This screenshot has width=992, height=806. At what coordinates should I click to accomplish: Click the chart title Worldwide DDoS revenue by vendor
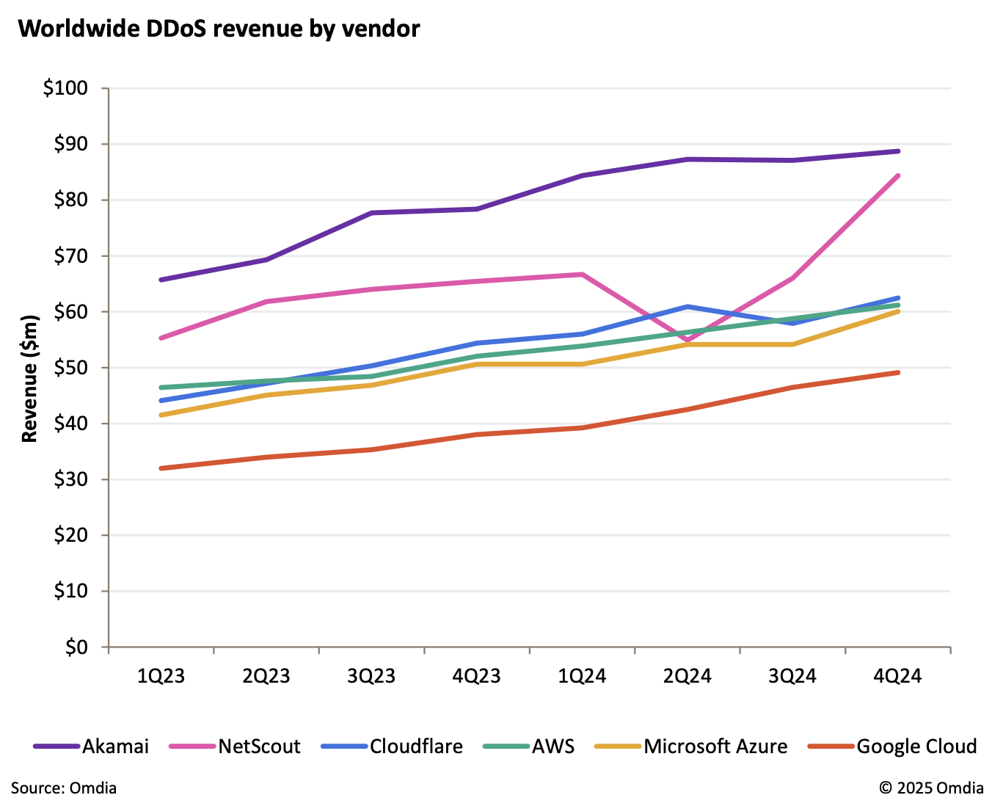(x=219, y=29)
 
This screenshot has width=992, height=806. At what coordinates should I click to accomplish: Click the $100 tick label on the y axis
(x=65, y=88)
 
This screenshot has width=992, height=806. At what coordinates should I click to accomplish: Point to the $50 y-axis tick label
(x=70, y=368)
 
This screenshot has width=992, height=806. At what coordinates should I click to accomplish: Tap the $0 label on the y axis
(x=76, y=647)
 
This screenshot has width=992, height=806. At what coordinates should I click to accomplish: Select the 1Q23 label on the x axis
(x=161, y=676)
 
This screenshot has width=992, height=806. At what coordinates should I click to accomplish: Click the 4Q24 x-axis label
(x=897, y=676)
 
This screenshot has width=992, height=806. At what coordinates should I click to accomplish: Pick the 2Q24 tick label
(x=688, y=676)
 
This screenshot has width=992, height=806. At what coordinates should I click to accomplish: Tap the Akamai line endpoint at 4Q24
(x=898, y=151)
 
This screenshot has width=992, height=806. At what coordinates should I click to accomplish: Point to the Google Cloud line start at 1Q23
(x=161, y=468)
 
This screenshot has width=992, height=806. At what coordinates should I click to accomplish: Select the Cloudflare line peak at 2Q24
(x=688, y=306)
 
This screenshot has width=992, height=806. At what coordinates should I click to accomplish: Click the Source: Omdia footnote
(x=64, y=788)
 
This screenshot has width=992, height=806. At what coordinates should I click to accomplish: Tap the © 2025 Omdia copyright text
(x=931, y=788)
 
